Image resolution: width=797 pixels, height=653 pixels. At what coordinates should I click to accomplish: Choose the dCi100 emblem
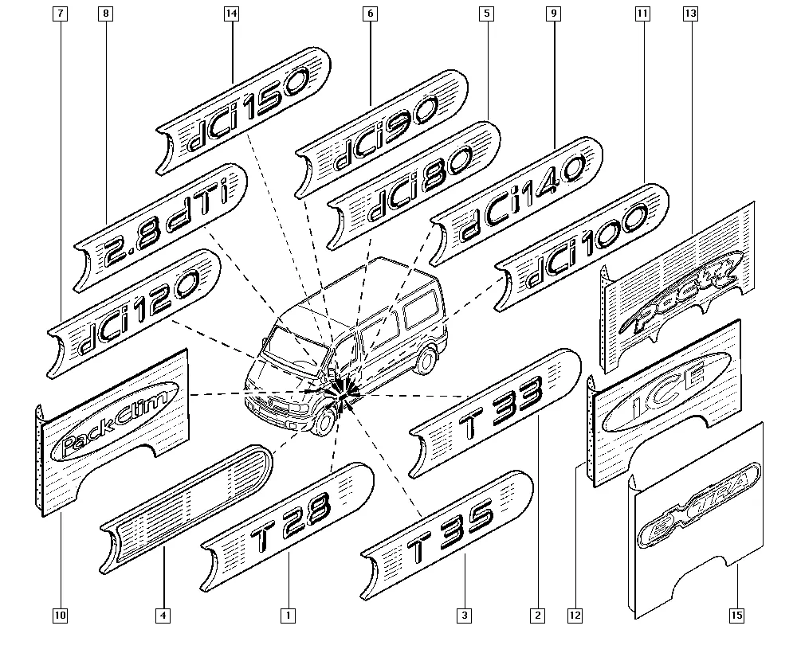(x=583, y=248)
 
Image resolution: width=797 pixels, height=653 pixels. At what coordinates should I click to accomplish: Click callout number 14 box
(x=232, y=14)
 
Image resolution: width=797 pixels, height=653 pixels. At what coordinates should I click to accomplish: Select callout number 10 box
(x=61, y=615)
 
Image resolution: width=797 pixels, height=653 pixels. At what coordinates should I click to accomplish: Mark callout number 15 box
(x=736, y=615)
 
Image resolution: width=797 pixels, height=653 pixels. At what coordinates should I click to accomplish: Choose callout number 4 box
(x=163, y=615)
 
